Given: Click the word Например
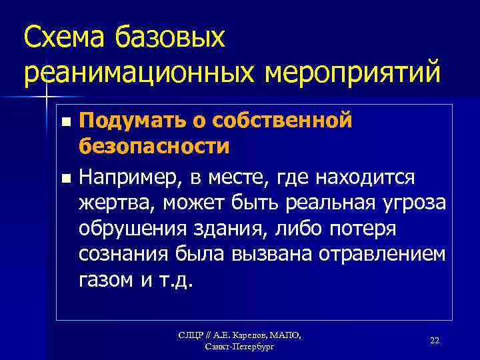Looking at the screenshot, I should (127, 178).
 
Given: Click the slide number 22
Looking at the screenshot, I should (434, 340).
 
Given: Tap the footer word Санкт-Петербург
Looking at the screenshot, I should (239, 347).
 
